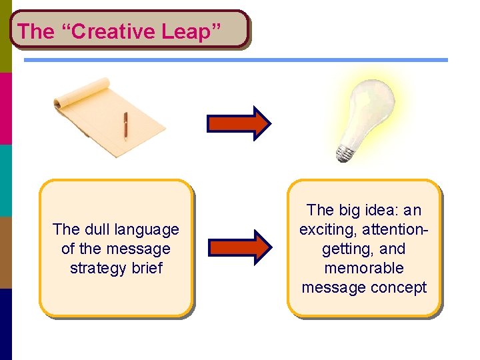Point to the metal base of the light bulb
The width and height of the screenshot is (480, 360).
click(345, 153)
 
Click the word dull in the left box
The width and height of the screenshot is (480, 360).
click(98, 229)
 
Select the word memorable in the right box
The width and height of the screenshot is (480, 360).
click(364, 268)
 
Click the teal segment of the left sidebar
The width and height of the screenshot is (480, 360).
click(6, 180)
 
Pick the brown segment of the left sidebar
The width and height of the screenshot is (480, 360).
click(6, 252)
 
